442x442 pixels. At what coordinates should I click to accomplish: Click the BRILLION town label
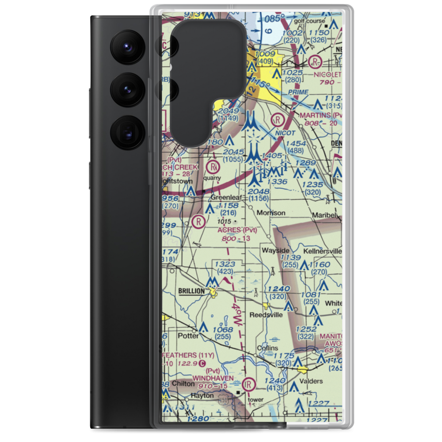(191, 291)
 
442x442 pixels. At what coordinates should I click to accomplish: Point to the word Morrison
(271, 213)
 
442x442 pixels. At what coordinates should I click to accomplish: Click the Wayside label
(275, 250)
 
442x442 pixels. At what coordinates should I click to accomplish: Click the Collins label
(268, 348)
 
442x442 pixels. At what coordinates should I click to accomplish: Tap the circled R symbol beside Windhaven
(250, 382)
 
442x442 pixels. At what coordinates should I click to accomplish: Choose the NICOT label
(285, 132)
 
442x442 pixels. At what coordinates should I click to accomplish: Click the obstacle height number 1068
(222, 330)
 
